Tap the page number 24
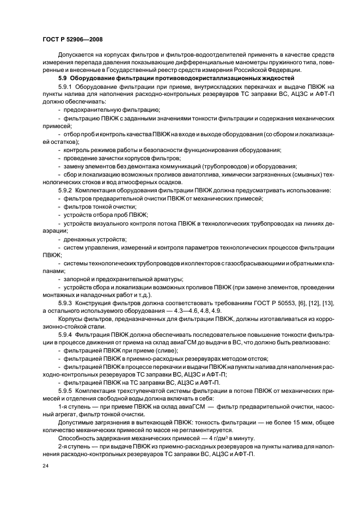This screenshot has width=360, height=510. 45,466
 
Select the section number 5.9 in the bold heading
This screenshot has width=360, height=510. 62,79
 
